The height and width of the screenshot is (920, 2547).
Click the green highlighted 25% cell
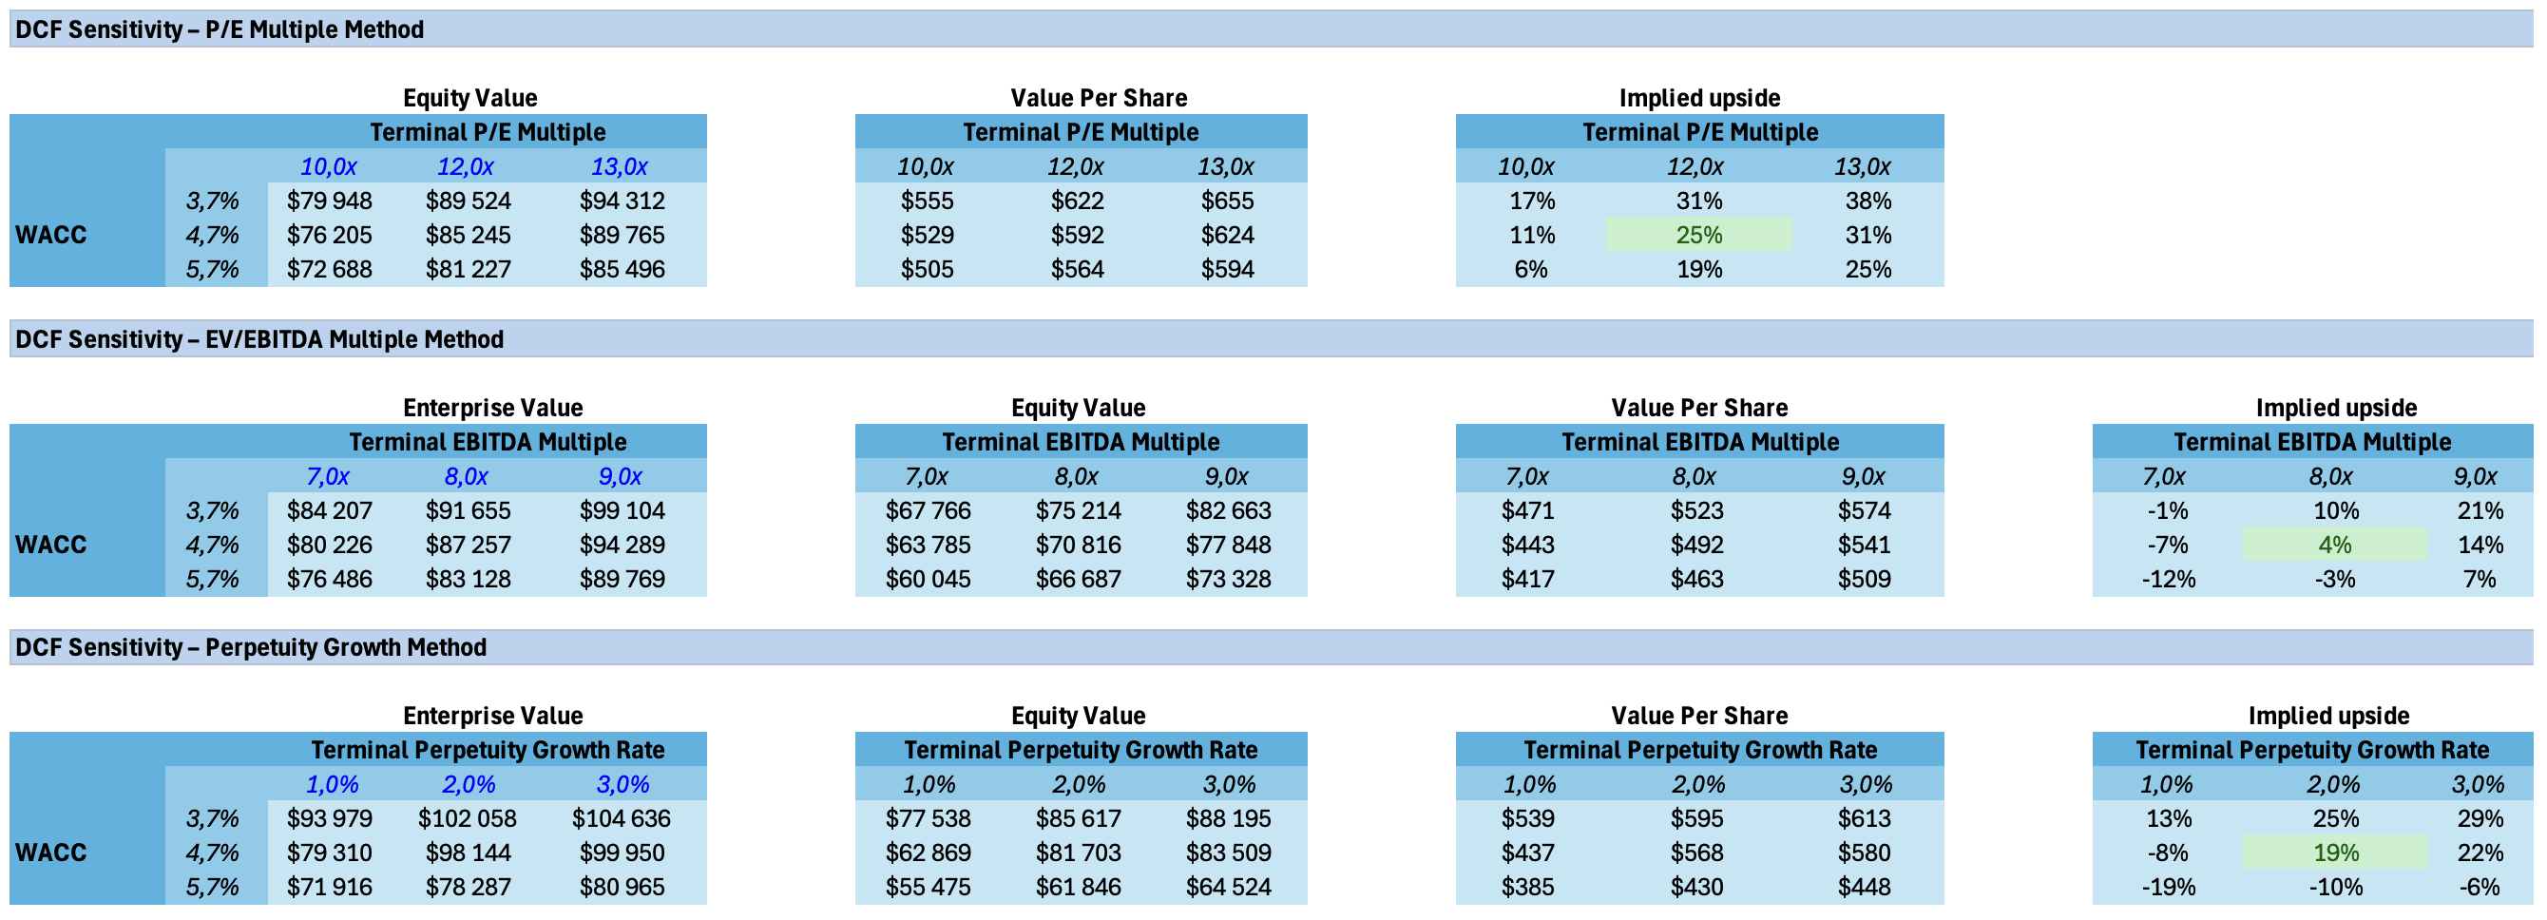(x=1697, y=235)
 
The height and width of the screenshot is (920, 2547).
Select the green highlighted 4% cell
(x=2333, y=544)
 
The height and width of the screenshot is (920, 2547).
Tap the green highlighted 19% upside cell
(x=2333, y=852)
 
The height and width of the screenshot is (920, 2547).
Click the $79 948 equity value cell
(x=329, y=201)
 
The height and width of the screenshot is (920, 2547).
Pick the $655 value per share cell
(x=1226, y=201)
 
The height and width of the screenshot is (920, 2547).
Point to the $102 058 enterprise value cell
(x=467, y=818)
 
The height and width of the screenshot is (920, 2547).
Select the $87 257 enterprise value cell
(x=468, y=544)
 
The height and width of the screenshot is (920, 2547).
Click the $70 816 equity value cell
(x=1078, y=544)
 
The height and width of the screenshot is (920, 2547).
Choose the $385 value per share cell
(x=1526, y=887)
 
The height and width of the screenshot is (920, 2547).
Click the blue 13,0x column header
(x=619, y=166)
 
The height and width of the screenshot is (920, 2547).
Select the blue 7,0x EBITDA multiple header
(x=327, y=476)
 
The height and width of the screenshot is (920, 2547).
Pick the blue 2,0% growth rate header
(x=468, y=783)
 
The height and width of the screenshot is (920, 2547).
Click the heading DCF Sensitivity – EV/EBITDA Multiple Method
(x=259, y=339)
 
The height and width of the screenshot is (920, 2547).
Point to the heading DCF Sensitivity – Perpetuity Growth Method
(x=250, y=647)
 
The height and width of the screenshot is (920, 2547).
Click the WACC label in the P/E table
(x=51, y=235)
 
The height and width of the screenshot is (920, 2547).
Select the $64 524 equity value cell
(x=1228, y=887)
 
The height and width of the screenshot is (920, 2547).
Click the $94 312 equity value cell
(x=622, y=201)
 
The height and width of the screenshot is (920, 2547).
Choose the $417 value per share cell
(x=1526, y=579)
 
